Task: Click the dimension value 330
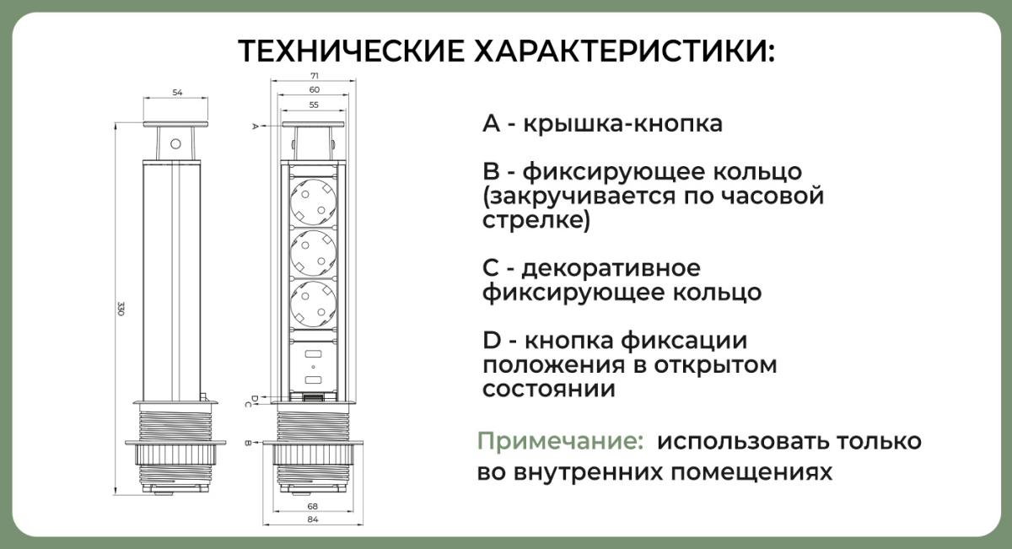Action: tap(121, 309)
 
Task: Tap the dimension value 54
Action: tap(177, 93)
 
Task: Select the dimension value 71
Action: tap(315, 75)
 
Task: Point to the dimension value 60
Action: tap(315, 90)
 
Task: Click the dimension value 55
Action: tap(314, 105)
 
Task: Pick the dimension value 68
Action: tap(313, 506)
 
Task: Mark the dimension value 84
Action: tap(313, 519)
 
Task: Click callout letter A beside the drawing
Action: tap(255, 126)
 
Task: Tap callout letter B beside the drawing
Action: tap(248, 443)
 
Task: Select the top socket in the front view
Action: tap(314, 202)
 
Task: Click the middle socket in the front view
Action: tap(314, 253)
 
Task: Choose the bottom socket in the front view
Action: tap(314, 304)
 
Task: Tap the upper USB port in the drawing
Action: tap(314, 354)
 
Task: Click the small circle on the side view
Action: tap(175, 144)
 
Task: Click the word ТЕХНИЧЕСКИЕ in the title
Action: tap(352, 51)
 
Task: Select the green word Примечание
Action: tap(560, 440)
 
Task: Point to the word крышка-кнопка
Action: tap(623, 123)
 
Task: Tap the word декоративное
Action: tap(611, 268)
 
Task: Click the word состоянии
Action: tap(549, 389)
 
